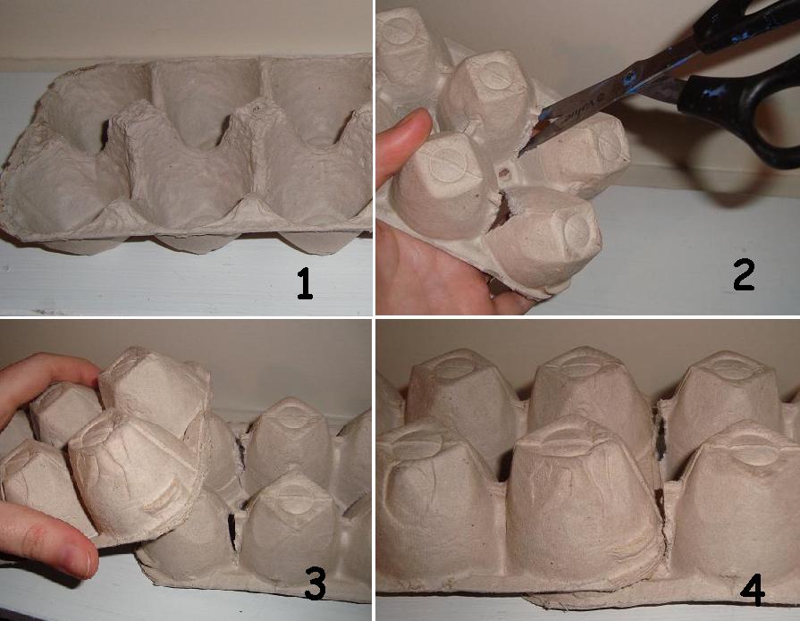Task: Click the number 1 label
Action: pyautogui.click(x=305, y=284)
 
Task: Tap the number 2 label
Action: pyautogui.click(x=744, y=276)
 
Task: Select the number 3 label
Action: pyautogui.click(x=315, y=583)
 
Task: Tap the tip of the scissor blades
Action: pyautogui.click(x=519, y=153)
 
